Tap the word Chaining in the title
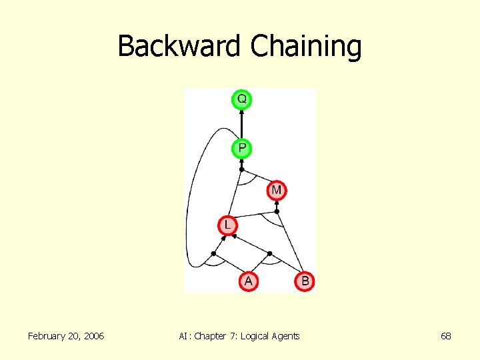click(x=306, y=47)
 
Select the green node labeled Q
click(x=241, y=99)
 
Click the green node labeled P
click(x=241, y=147)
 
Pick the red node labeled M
click(x=277, y=191)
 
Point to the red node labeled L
click(x=227, y=225)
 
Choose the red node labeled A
click(x=248, y=281)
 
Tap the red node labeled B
click(x=305, y=281)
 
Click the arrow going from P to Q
click(x=241, y=123)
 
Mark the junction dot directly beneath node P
click(x=241, y=169)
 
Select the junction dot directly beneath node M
click(x=277, y=211)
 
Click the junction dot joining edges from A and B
click(x=269, y=253)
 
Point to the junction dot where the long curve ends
click(x=213, y=253)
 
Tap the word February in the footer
click(x=51, y=336)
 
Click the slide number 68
click(x=446, y=336)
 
